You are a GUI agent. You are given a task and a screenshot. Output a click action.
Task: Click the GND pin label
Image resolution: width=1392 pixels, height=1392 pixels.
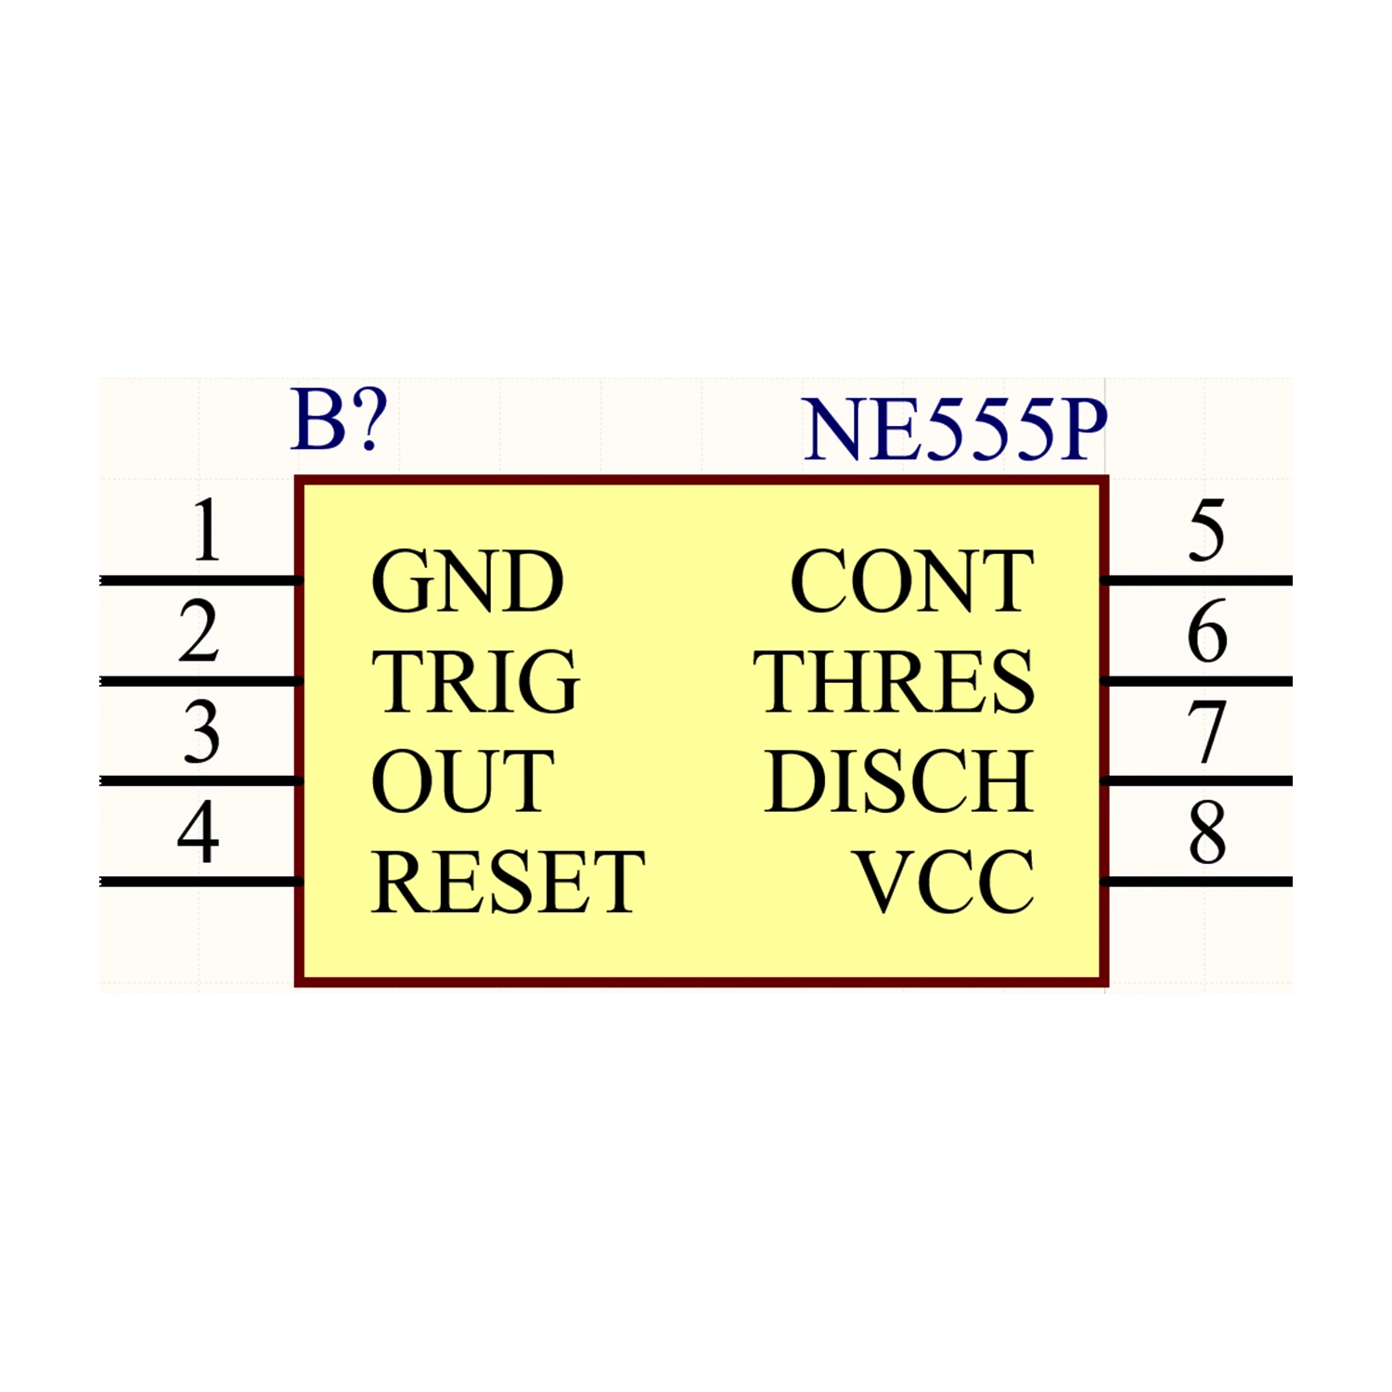[467, 582]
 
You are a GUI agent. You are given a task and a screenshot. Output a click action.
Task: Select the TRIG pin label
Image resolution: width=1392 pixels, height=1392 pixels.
[475, 682]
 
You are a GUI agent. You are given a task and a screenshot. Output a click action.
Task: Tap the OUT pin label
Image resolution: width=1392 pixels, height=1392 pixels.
[462, 781]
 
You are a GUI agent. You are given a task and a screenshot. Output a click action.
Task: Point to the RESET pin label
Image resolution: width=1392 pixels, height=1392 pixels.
[508, 882]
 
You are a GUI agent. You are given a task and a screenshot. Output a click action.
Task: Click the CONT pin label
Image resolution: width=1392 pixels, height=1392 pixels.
[911, 582]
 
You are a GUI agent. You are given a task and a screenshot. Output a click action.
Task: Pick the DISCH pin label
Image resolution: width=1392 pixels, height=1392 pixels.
[898, 781]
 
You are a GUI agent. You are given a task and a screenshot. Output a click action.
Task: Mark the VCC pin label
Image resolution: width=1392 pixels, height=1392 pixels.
[944, 882]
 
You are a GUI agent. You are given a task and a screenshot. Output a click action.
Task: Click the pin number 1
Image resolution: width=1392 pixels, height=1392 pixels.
[206, 531]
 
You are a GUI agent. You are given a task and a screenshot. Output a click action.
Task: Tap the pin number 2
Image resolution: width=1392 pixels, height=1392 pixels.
[199, 631]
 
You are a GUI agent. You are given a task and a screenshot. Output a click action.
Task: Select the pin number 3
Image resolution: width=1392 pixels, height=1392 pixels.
[201, 732]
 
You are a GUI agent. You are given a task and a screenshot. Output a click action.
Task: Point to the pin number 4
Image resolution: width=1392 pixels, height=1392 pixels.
[199, 832]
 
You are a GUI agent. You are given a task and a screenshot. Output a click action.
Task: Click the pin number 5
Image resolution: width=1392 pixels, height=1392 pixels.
[1206, 531]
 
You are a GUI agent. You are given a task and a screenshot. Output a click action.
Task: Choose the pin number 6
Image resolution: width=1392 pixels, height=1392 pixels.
[1206, 631]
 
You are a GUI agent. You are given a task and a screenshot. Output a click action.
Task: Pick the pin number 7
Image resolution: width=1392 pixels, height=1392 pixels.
[1206, 732]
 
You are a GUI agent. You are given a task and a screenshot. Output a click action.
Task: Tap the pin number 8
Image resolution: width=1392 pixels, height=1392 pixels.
[1206, 832]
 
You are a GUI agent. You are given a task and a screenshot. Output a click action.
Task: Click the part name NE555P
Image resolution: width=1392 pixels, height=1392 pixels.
[955, 430]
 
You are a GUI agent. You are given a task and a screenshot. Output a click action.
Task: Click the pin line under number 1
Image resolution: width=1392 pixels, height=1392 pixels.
[200, 581]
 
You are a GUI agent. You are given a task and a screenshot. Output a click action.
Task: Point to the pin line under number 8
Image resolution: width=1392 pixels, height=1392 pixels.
[1197, 882]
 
